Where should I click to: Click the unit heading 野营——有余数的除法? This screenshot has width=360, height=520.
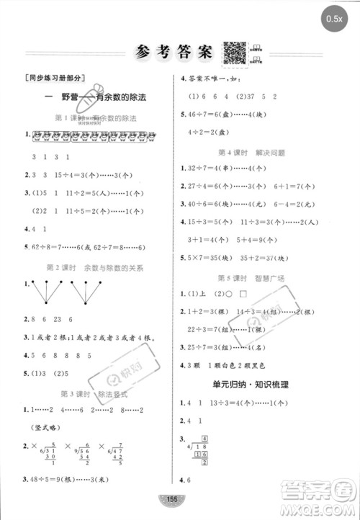(90, 97)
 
